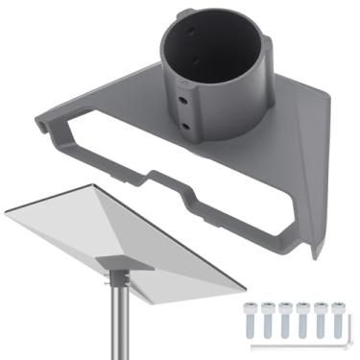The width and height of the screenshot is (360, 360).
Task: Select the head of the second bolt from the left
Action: pyautogui.click(x=268, y=307)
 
